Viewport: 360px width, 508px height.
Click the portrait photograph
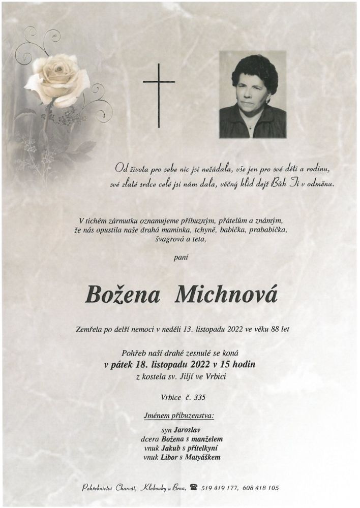[x=252, y=94]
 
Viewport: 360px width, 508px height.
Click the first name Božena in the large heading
[x=123, y=295]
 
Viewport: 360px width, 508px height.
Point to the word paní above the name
[x=180, y=258]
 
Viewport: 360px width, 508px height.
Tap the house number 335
[x=200, y=397]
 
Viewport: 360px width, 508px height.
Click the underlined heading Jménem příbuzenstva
[x=179, y=416]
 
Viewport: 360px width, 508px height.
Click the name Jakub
[x=171, y=448]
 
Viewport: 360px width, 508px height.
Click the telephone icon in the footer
[x=193, y=487]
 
